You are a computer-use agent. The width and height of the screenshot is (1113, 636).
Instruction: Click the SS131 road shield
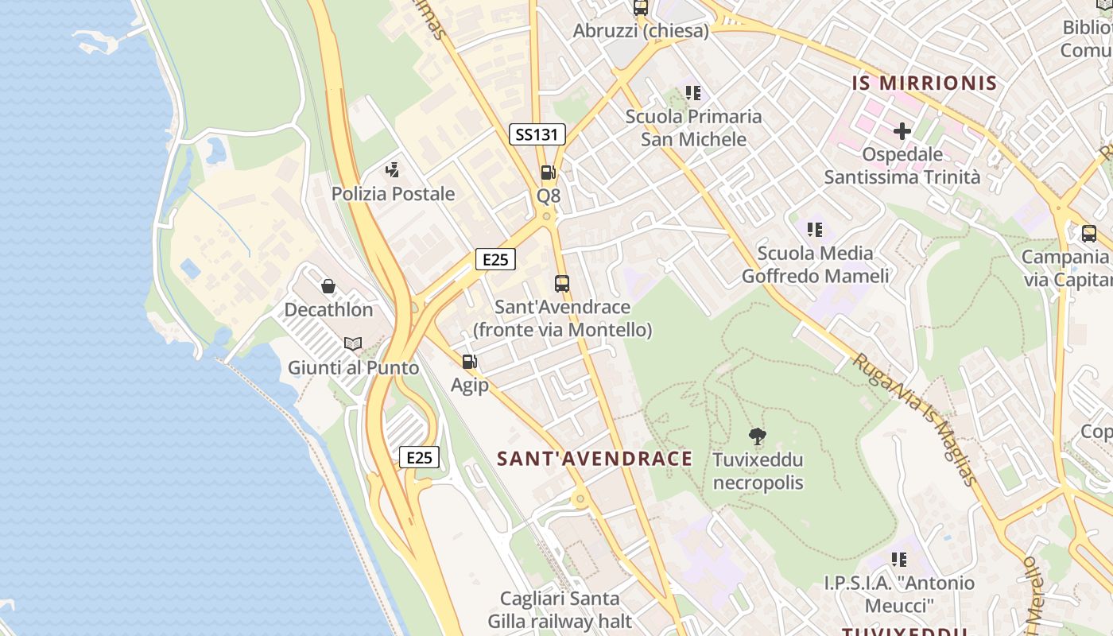(537, 134)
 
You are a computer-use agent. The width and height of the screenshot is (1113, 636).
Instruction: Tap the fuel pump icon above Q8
(548, 172)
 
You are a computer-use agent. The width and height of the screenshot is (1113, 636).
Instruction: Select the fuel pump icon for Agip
(470, 362)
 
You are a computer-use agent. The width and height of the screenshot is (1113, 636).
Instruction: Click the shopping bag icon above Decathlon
(328, 286)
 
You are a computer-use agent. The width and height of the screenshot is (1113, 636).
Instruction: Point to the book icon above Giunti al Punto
(353, 344)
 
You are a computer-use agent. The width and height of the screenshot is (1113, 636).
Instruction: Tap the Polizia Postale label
(393, 193)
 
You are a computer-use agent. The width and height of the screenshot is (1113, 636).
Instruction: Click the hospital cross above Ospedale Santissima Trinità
(902, 131)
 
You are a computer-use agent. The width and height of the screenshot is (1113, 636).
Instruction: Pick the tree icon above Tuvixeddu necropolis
(758, 436)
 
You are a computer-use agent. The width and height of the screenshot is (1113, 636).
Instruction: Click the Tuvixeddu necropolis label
(758, 471)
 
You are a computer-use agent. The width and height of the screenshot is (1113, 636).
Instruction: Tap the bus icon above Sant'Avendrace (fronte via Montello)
(562, 283)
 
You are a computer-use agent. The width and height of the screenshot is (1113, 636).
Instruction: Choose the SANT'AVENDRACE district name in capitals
(595, 459)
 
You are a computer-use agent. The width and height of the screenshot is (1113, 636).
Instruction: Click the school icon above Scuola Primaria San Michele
(693, 93)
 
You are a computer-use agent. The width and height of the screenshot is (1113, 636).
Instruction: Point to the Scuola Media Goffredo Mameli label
(815, 265)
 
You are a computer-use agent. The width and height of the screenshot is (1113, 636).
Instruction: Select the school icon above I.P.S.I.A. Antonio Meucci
(898, 560)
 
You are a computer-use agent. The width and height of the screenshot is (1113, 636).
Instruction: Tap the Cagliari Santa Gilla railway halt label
(560, 610)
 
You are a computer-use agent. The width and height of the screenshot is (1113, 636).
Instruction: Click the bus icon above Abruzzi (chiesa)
(641, 8)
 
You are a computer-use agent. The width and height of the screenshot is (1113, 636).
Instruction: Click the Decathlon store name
(328, 309)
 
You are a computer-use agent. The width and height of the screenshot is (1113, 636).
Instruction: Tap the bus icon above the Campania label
(1089, 234)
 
